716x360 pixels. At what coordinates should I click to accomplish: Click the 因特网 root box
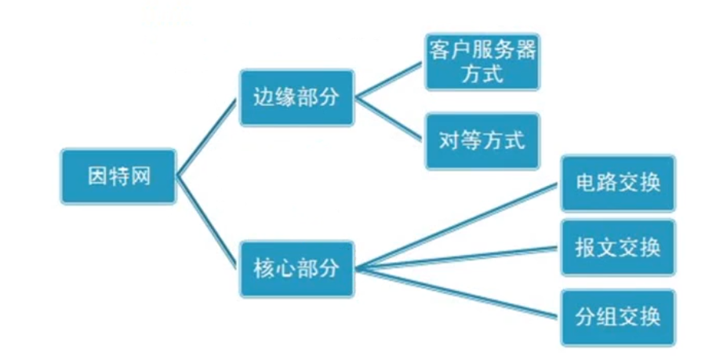(x=118, y=176)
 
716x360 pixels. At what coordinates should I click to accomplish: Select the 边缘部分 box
(x=297, y=97)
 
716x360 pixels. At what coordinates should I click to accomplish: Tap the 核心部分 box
(x=297, y=269)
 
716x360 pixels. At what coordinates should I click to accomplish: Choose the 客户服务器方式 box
(x=482, y=61)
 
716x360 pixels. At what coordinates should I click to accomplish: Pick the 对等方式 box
(x=482, y=141)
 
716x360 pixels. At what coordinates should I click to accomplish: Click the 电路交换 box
(x=618, y=183)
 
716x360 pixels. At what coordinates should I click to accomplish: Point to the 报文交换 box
(x=618, y=247)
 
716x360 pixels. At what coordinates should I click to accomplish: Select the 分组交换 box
(x=618, y=317)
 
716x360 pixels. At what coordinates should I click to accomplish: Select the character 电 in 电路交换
(x=584, y=183)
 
